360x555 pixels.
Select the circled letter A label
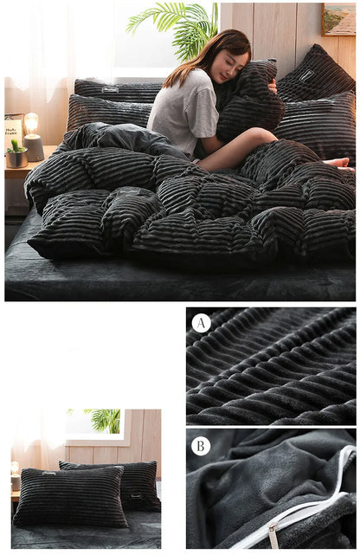[x=201, y=323]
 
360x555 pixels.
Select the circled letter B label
[x=201, y=446]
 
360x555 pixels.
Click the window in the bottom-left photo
[x=95, y=424]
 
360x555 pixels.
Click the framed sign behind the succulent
[x=13, y=129]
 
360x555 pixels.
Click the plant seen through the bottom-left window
[x=106, y=420]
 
